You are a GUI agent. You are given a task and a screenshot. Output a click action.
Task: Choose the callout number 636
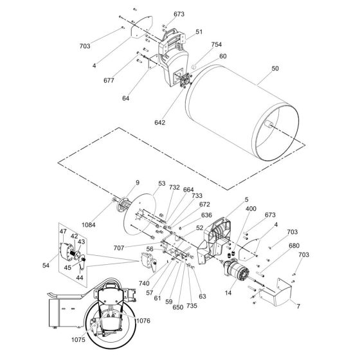(x=206, y=215)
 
